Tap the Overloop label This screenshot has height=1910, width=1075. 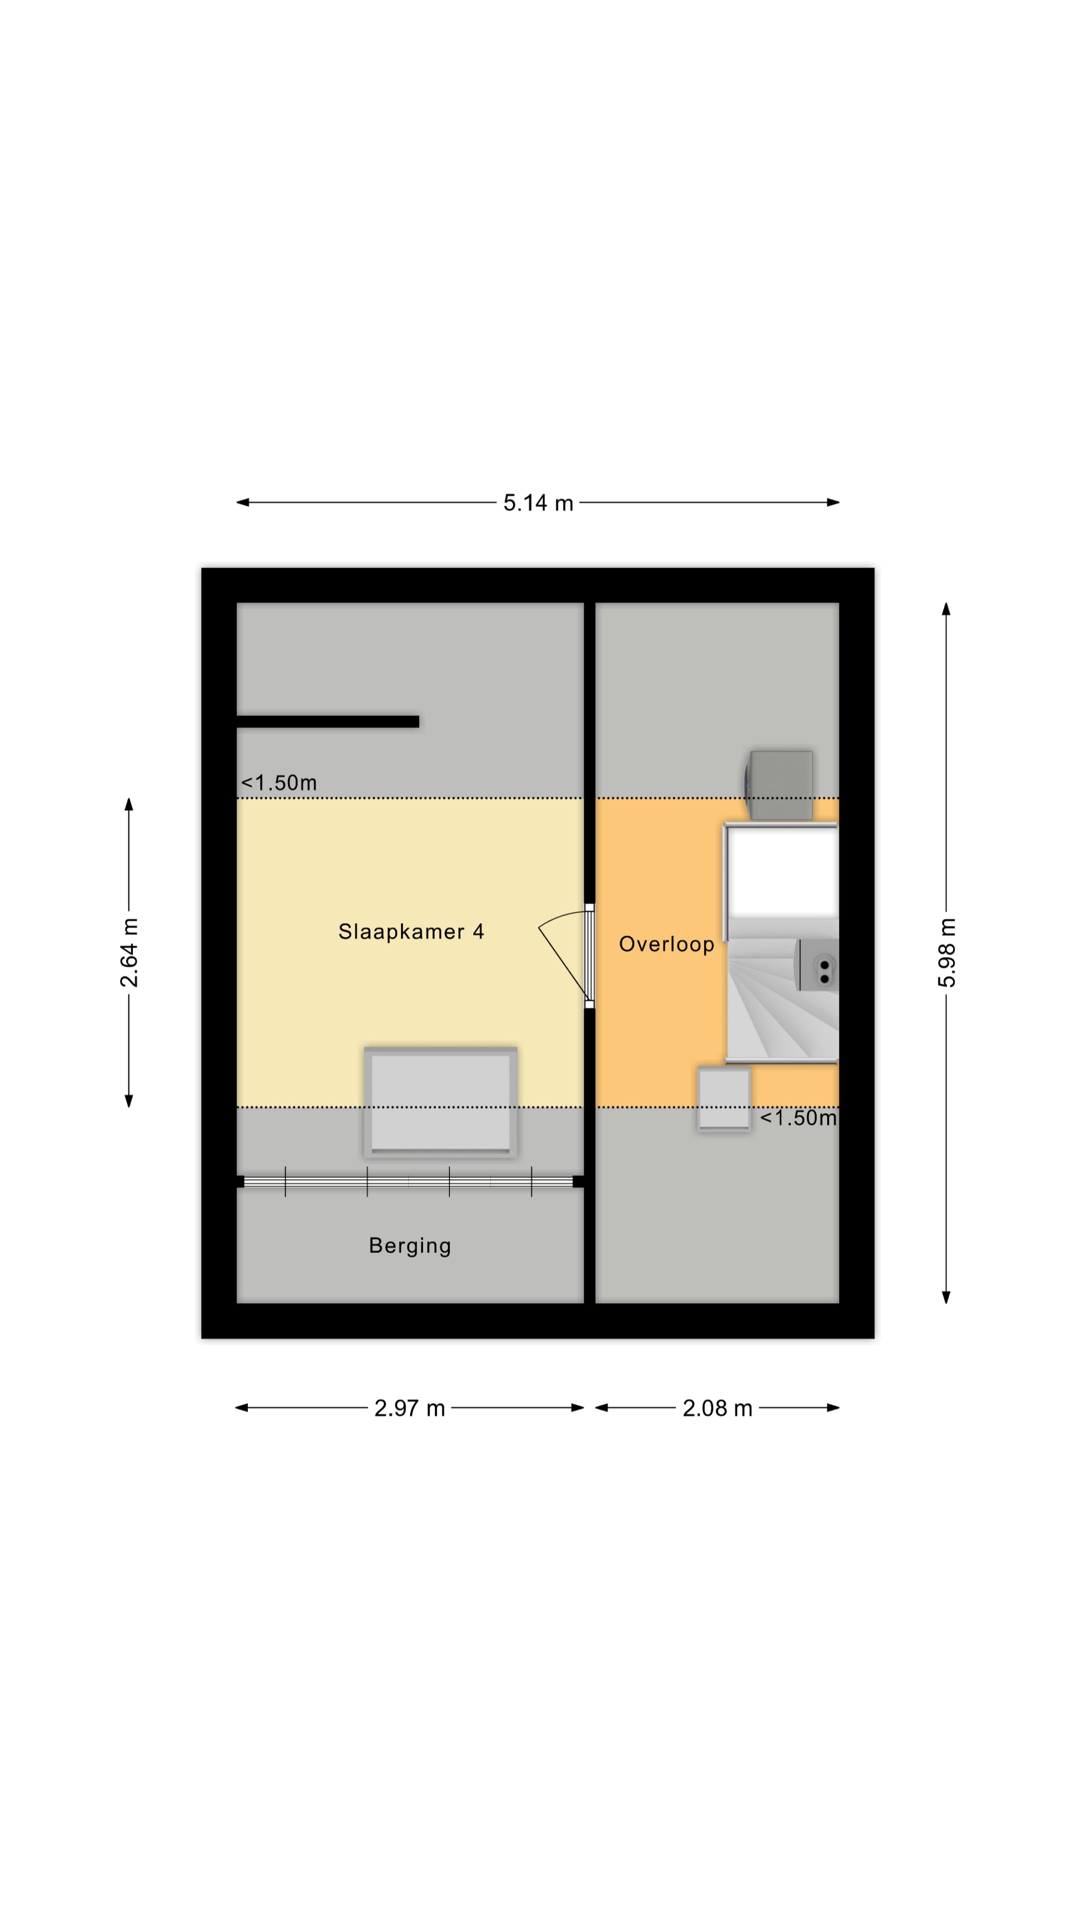666,944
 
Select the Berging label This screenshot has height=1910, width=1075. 410,1245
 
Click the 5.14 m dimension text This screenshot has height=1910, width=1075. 538,503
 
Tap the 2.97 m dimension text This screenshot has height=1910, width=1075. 410,1408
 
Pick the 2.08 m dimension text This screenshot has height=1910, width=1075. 717,1408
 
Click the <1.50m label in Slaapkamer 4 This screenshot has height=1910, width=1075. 279,782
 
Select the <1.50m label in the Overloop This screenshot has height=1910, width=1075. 798,1117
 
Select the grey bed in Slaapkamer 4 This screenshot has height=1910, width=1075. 440,1102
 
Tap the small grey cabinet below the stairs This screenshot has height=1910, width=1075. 724,1099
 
